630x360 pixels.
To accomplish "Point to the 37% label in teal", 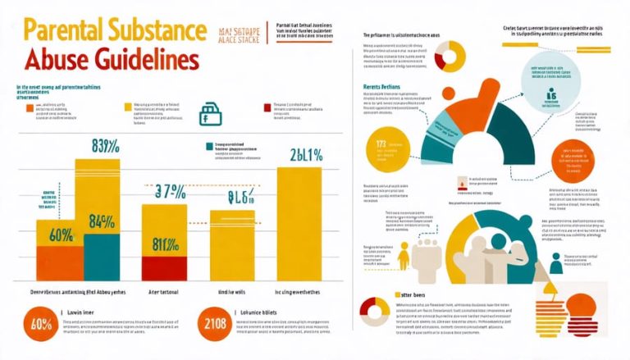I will click(x=171, y=192).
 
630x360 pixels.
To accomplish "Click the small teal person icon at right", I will click(x=556, y=263).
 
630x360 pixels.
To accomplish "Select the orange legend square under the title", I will click(x=30, y=107).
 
